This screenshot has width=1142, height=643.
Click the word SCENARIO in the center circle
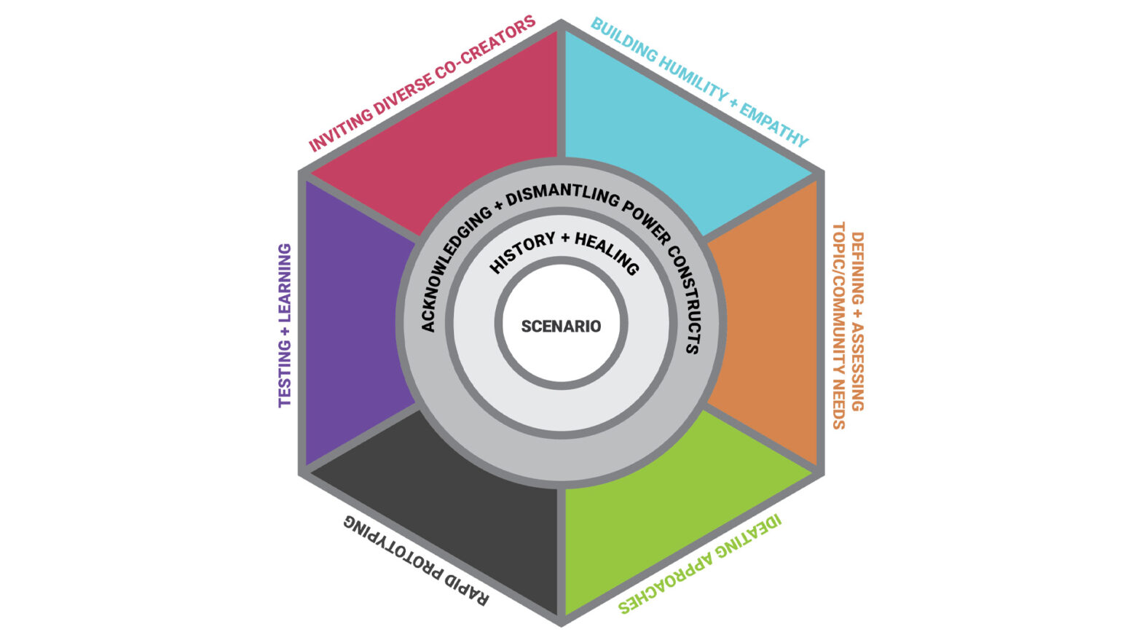tap(561, 326)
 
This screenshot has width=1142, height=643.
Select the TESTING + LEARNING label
tap(285, 325)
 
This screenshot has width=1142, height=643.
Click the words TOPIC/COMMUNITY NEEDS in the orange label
tap(839, 325)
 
